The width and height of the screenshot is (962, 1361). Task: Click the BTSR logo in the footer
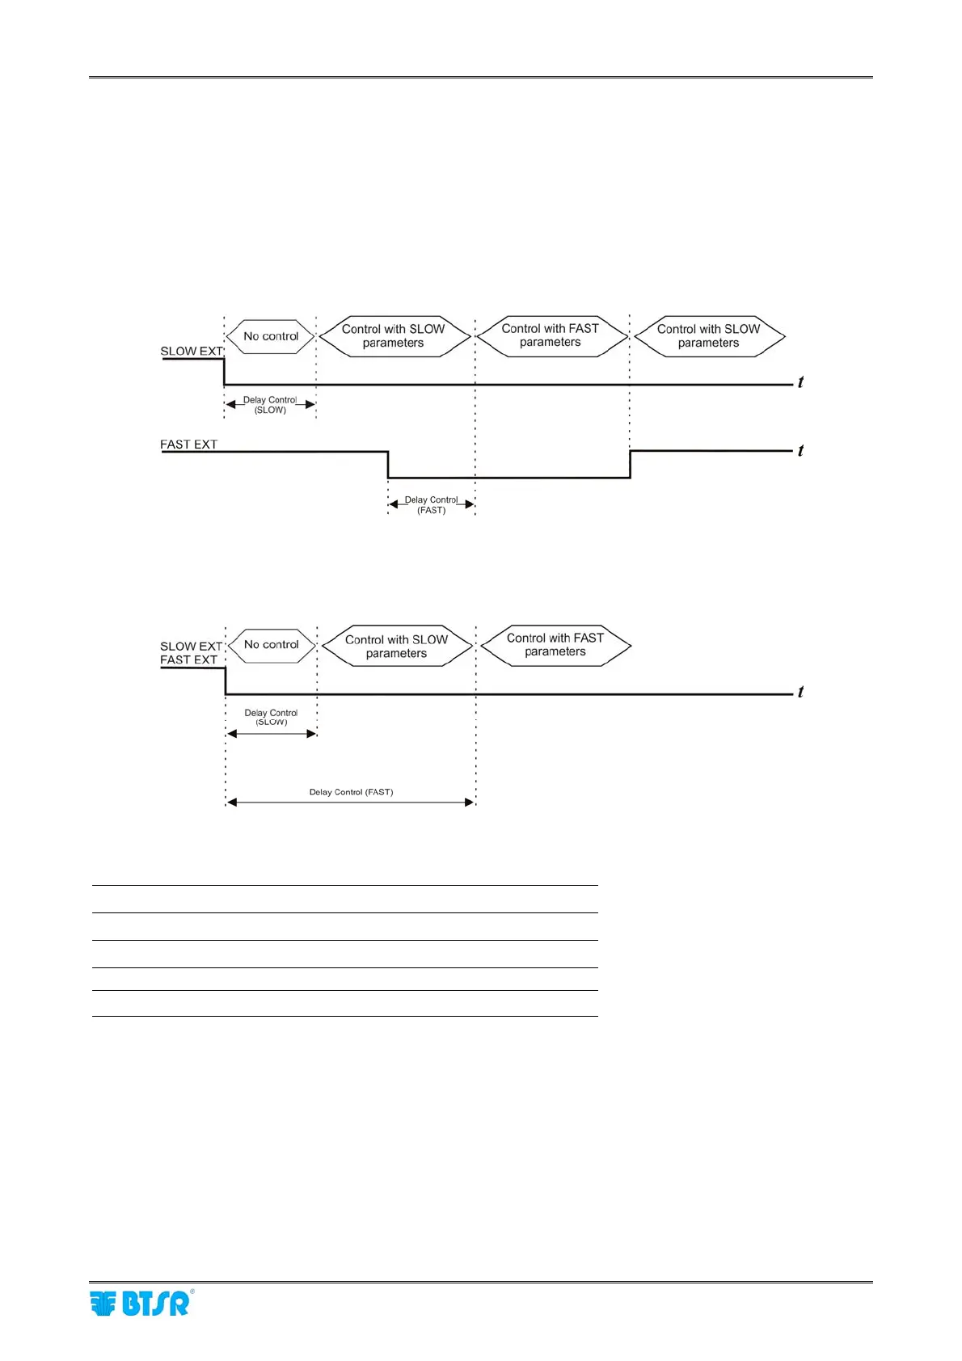pyautogui.click(x=139, y=1304)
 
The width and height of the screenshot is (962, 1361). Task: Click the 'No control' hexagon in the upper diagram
pyautogui.click(x=271, y=336)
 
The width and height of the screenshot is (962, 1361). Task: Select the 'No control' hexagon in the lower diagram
pyautogui.click(x=272, y=645)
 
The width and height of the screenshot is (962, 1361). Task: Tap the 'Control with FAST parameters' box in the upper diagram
pyautogui.click(x=551, y=335)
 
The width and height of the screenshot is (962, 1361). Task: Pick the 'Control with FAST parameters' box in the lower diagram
pyautogui.click(x=555, y=645)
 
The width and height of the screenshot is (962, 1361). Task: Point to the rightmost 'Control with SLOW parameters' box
pyautogui.click(x=709, y=335)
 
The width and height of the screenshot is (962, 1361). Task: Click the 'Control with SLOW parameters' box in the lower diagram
pyautogui.click(x=396, y=646)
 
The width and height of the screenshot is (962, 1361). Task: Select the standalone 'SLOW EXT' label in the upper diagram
pyautogui.click(x=192, y=352)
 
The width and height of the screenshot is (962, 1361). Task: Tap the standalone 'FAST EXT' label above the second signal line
pyautogui.click(x=188, y=445)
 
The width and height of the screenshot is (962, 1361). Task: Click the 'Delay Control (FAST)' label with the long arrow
pyautogui.click(x=351, y=792)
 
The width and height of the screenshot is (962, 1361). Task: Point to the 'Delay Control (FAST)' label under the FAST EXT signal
pyautogui.click(x=431, y=505)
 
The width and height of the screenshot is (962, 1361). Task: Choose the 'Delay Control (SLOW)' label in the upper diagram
pyautogui.click(x=270, y=405)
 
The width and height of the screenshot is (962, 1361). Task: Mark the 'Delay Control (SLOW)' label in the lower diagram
pyautogui.click(x=271, y=717)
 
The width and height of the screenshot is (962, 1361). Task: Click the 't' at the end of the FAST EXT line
pyautogui.click(x=800, y=451)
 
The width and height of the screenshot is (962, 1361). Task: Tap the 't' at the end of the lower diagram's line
pyautogui.click(x=800, y=692)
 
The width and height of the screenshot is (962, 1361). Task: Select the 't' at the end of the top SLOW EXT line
pyautogui.click(x=800, y=382)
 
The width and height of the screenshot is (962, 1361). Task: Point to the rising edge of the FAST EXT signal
pyautogui.click(x=631, y=465)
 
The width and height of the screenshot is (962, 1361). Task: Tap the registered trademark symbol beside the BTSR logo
pyautogui.click(x=192, y=1291)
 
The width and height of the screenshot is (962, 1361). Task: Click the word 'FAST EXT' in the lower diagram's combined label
pyautogui.click(x=188, y=659)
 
